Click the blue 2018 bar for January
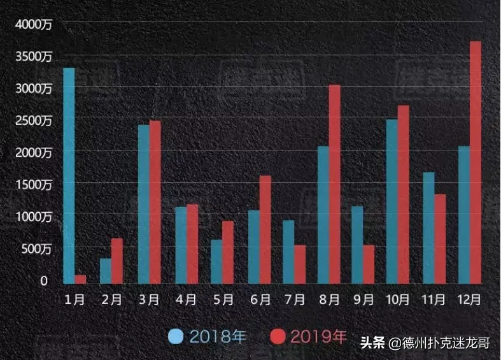(69, 175)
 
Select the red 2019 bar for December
(476, 162)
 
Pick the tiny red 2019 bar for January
(80, 279)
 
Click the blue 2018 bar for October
(392, 201)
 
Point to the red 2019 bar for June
(265, 229)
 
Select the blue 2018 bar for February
(106, 270)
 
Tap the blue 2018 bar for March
(144, 203)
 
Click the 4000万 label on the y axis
(34, 24)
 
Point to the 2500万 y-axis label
(34, 121)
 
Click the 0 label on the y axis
(44, 281)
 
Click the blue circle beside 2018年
(176, 336)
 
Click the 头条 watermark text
(373, 343)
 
